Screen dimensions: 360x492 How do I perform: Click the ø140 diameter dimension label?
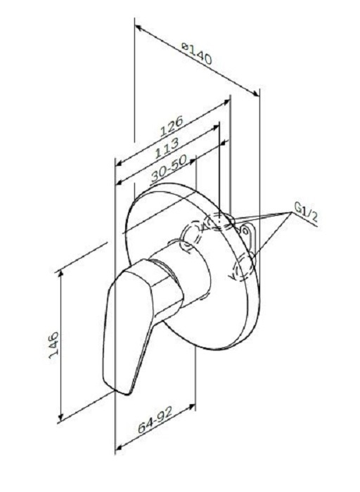click(x=197, y=53)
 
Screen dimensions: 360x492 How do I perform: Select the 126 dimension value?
click(x=171, y=126)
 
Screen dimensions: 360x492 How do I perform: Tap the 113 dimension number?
click(x=167, y=148)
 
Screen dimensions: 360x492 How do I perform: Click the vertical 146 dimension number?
click(x=53, y=347)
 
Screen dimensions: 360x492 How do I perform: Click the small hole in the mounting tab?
click(x=246, y=231)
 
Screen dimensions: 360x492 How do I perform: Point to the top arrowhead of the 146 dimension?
click(x=61, y=274)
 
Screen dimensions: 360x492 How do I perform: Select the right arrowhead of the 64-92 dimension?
click(x=191, y=407)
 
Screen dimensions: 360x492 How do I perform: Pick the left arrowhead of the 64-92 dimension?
click(x=120, y=447)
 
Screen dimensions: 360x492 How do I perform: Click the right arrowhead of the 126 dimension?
click(x=226, y=103)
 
